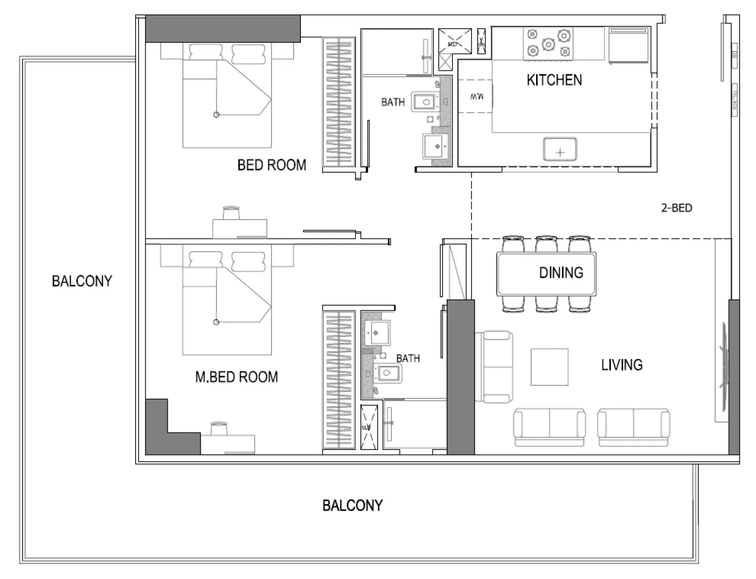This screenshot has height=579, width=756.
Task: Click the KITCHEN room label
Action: coord(554,80)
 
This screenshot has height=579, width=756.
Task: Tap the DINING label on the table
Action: coord(561,273)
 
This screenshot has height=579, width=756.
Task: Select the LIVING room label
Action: coord(621,365)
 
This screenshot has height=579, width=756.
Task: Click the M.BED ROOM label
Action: coord(236,377)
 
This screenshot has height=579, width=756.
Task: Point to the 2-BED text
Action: coord(676,208)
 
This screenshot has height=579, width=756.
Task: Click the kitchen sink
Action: coord(560,149)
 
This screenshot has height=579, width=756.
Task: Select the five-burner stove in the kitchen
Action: coord(548,43)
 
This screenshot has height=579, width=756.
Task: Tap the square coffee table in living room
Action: coord(549,367)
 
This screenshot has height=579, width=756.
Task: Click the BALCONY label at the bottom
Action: coord(352,506)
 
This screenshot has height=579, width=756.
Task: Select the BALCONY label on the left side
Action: coord(82,281)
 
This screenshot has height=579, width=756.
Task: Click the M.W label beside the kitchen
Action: coord(476,97)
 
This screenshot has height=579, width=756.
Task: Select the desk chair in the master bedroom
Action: coord(219,428)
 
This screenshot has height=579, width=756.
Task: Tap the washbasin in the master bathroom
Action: coord(377,332)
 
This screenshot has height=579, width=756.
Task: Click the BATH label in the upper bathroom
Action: coord(392,102)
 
